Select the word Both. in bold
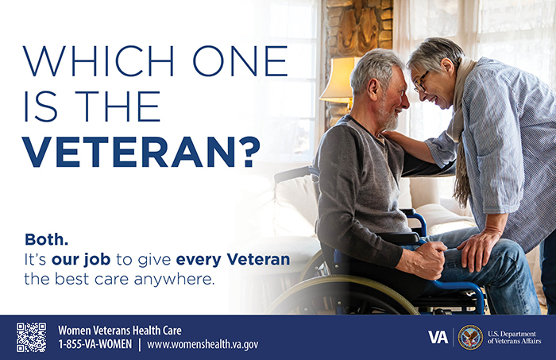[x=47, y=238]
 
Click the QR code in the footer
[x=31, y=337]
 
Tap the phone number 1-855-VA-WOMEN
[x=94, y=344]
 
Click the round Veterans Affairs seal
[x=470, y=337]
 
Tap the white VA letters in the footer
[x=438, y=337]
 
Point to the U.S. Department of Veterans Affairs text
[x=515, y=337]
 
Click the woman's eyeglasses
[x=421, y=81]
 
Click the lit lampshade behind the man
[x=340, y=79]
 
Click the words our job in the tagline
[x=80, y=259]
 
